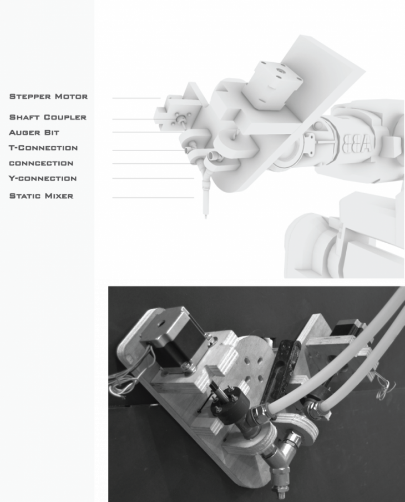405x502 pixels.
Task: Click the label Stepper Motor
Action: pos(48,97)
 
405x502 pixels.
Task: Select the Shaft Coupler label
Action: pos(48,117)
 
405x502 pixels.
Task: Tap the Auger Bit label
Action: pos(34,133)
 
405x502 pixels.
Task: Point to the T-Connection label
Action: pos(43,148)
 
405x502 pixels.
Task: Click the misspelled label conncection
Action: pos(41,163)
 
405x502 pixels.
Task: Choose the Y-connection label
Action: pos(43,178)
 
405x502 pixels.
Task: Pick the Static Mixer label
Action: pos(41,196)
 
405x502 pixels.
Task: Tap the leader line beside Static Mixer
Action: pos(153,198)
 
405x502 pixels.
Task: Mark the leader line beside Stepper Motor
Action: pos(136,98)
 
